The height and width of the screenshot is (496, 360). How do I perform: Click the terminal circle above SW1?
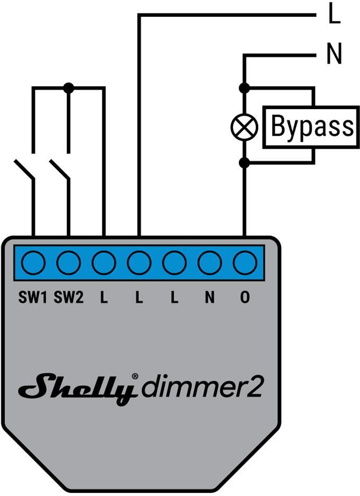point(33,262)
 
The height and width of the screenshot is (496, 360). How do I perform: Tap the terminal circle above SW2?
point(69,262)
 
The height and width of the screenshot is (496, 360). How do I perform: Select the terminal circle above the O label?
point(245,262)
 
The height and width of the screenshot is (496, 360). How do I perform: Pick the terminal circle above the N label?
point(210,262)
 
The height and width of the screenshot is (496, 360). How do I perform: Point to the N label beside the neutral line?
point(334,55)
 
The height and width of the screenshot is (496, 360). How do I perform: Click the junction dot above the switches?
point(68,87)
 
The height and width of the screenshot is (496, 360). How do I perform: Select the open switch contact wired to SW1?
point(24,170)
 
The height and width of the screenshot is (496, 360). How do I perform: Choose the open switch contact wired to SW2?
point(59,170)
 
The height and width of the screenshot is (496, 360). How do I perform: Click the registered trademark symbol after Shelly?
point(135,376)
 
